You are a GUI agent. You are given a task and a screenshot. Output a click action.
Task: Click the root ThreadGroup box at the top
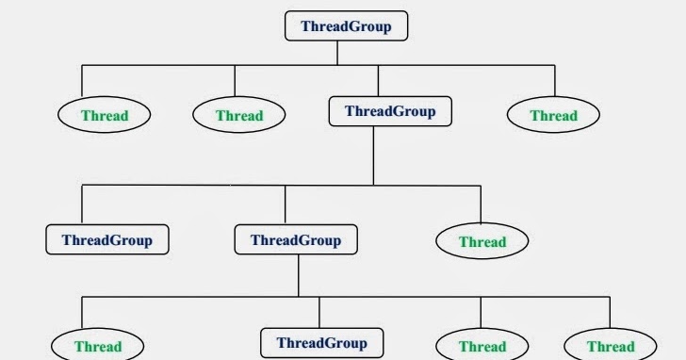[x=346, y=25]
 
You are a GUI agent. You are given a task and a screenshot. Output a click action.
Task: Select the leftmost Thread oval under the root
[x=105, y=116]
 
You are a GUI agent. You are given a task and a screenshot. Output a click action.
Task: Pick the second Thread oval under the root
[x=238, y=116]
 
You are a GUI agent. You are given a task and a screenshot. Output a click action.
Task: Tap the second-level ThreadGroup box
[x=389, y=111]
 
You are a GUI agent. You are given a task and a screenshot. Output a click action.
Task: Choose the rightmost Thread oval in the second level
[x=553, y=116]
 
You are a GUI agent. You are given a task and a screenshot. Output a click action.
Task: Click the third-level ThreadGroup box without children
[x=106, y=239]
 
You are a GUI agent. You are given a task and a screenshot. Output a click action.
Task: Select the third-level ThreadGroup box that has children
[x=295, y=239]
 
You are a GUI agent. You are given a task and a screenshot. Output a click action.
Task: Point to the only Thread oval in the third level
[x=482, y=241]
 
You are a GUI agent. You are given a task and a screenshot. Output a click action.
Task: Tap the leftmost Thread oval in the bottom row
[x=98, y=346]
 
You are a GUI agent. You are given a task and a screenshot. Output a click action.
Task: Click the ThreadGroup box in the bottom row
[x=321, y=342]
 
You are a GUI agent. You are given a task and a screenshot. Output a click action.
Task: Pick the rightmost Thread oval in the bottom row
[x=611, y=346]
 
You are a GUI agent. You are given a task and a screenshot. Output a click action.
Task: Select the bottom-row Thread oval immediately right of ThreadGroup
[x=482, y=346]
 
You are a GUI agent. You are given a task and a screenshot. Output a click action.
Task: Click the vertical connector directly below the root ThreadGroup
[x=337, y=53]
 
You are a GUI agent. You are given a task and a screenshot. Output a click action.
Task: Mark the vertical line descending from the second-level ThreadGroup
[x=374, y=155]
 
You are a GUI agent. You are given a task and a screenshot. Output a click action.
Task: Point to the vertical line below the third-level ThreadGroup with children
[x=299, y=275]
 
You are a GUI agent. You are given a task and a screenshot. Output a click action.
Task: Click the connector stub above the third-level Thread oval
[x=481, y=205]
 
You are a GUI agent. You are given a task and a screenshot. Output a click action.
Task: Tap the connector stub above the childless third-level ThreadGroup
[x=82, y=205]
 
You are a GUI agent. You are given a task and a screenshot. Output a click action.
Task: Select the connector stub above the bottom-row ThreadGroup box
[x=319, y=312]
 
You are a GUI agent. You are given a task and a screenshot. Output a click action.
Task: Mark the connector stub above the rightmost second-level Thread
[x=555, y=80]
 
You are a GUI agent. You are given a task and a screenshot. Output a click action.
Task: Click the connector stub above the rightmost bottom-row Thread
[x=610, y=314]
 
